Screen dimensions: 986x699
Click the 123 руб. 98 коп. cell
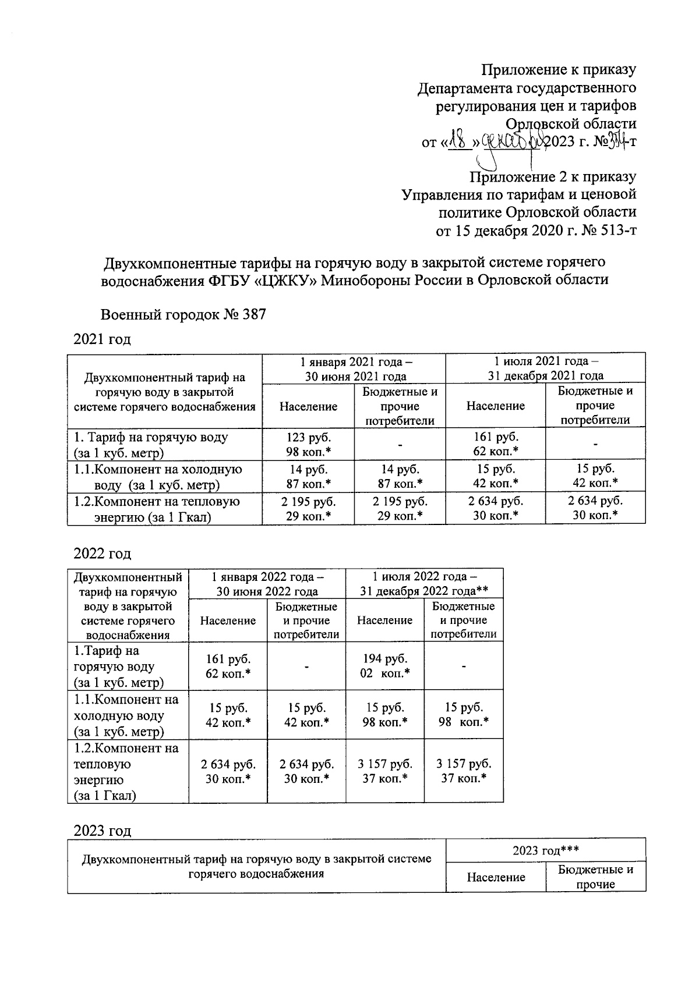pos(308,444)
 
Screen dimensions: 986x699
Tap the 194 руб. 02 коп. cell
pos(385,666)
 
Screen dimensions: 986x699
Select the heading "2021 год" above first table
pos(102,339)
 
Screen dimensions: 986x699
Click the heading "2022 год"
pos(102,553)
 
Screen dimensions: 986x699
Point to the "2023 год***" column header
pos(545,850)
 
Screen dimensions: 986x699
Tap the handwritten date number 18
pos(461,141)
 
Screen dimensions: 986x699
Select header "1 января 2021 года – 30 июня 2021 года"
pos(354,368)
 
